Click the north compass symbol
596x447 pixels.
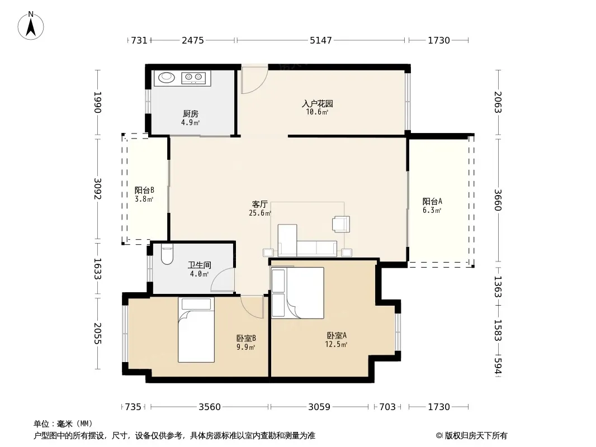pyautogui.click(x=31, y=26)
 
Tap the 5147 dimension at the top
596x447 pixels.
pyautogui.click(x=321, y=40)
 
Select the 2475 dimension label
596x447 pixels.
pyautogui.click(x=193, y=40)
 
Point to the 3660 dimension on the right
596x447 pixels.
pyautogui.click(x=498, y=200)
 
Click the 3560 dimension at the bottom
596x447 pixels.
pyautogui.click(x=210, y=407)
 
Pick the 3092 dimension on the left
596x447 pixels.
pyautogui.click(x=98, y=189)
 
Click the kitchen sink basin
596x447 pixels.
pyautogui.click(x=166, y=78)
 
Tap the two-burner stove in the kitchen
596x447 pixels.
pyautogui.click(x=193, y=78)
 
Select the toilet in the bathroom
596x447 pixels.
pyautogui.click(x=167, y=254)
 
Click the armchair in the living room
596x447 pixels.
pyautogui.click(x=341, y=223)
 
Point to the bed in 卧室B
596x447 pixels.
pyautogui.click(x=196, y=330)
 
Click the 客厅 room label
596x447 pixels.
pyautogui.click(x=260, y=205)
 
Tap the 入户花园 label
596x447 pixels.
pyautogui.click(x=318, y=103)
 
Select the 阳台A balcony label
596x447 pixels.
pyautogui.click(x=432, y=202)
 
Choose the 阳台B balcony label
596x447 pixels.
pyautogui.click(x=144, y=190)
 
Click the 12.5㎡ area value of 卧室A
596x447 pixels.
pyautogui.click(x=336, y=344)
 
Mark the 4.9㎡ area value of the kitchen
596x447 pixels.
pyautogui.click(x=191, y=122)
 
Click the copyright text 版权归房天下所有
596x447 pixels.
pyautogui.click(x=476, y=436)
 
